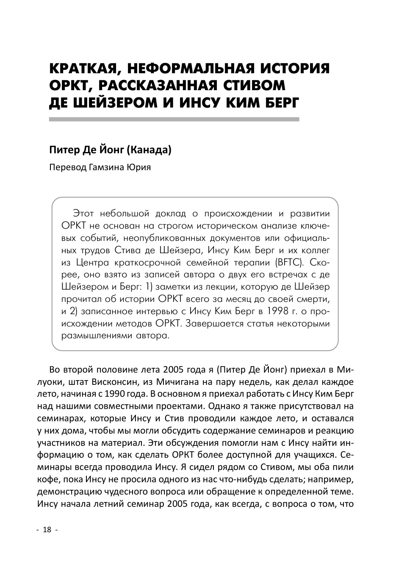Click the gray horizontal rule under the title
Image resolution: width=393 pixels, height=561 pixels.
174,120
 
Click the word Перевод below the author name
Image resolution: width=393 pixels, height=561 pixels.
67,167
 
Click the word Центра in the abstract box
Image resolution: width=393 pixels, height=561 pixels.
92,262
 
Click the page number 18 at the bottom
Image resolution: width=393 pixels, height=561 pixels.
47,530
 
